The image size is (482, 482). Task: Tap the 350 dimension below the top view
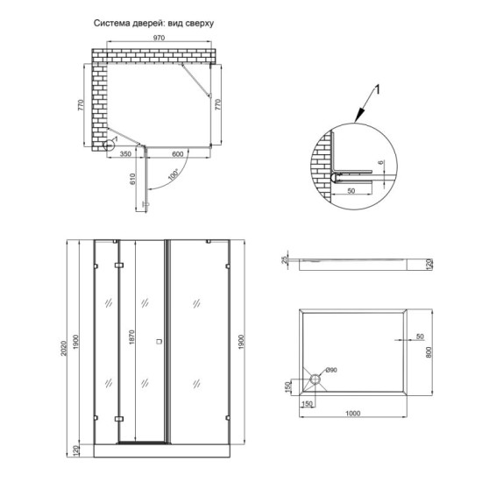pos(125,154)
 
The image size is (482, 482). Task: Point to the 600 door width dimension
pos(179,154)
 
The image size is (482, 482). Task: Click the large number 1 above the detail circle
pos(377,89)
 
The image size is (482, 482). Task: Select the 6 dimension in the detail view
pos(382,163)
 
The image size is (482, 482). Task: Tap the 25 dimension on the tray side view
pos(286,260)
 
